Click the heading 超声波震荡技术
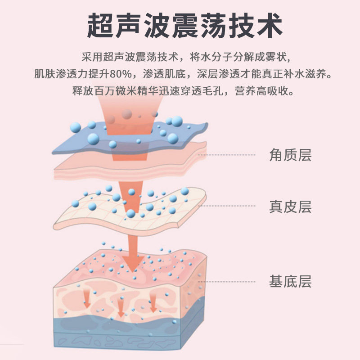(x=184, y=26)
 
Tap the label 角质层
(x=290, y=155)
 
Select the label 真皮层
(x=290, y=207)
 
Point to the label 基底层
(x=290, y=282)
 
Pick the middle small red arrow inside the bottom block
(x=120, y=307)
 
